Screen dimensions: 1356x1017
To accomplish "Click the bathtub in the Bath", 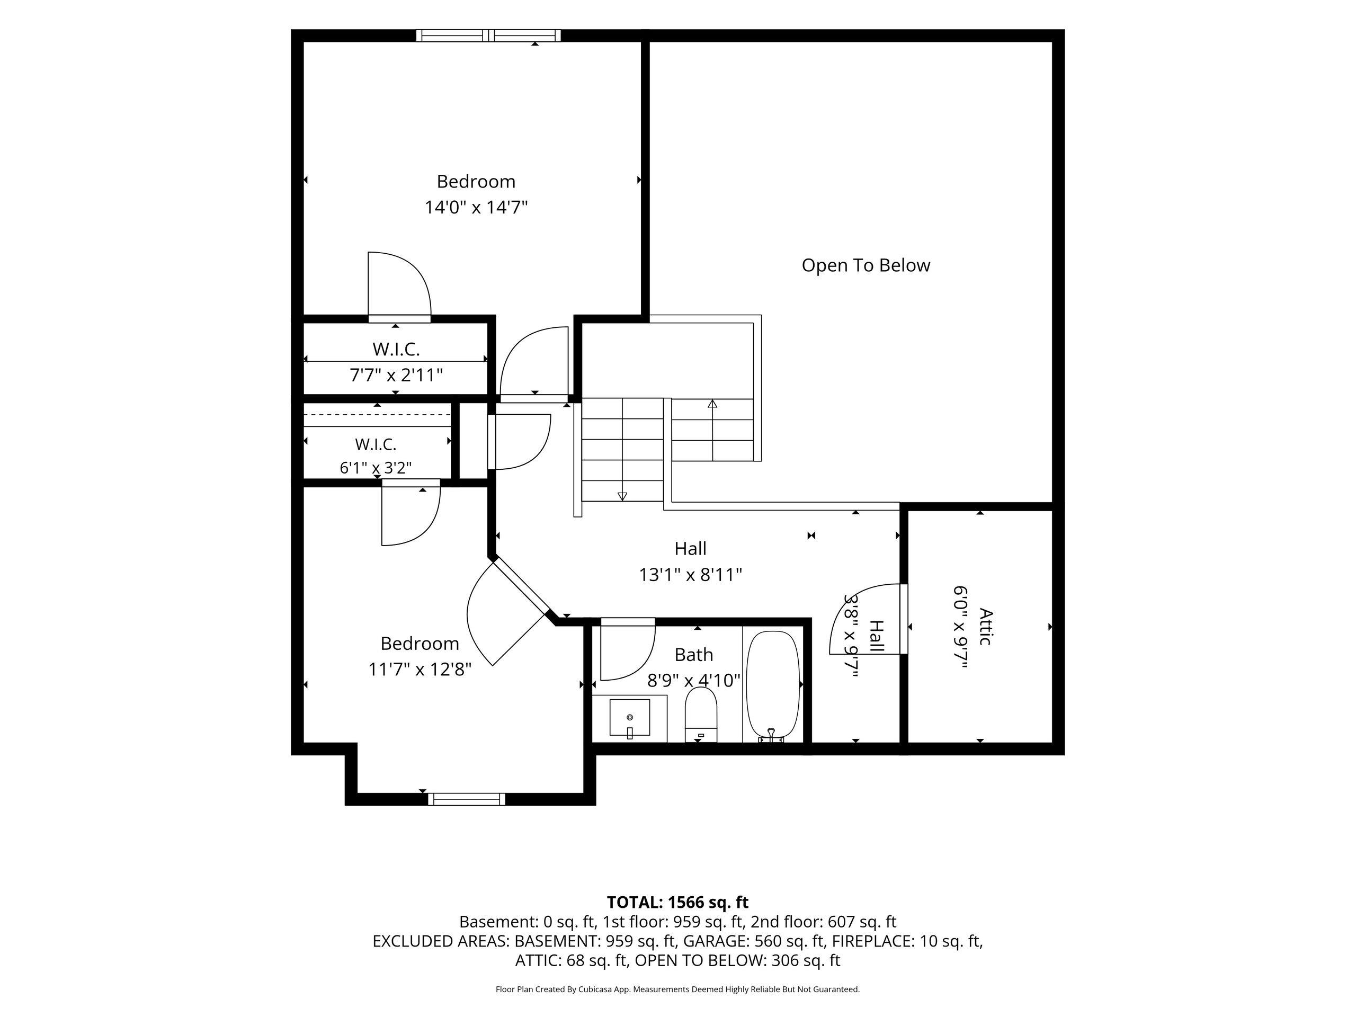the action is coord(772,686).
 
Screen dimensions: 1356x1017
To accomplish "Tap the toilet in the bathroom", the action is coord(701,714).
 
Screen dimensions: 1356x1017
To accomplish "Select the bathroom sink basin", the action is coord(630,717).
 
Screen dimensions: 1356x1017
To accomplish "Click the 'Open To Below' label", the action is coord(866,265).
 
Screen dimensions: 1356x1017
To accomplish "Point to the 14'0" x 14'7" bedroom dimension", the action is coord(476,207).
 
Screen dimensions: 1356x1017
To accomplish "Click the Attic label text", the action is coord(985,627).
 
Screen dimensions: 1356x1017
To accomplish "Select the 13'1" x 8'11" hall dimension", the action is coord(691,575).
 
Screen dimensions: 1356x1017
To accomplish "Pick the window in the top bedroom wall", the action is coord(488,35).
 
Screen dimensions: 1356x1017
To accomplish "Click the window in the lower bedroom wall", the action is coord(467,799).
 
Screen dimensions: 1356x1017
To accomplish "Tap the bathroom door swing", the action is coord(628,650).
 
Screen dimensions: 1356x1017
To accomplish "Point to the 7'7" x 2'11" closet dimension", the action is coord(396,374).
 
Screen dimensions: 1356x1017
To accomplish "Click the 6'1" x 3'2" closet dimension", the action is coord(376,468).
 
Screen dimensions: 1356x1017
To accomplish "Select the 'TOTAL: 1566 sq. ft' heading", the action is coord(677,903).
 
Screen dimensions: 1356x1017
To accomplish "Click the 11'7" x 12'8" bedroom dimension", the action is coord(420,670).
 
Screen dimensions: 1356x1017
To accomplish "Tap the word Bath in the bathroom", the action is coord(693,655).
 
